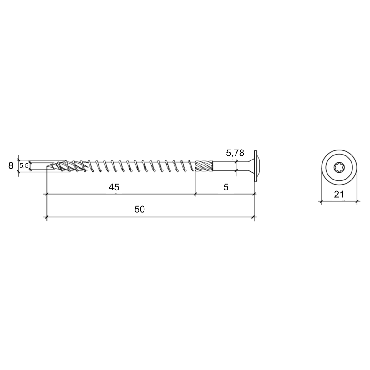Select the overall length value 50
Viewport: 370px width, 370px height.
click(140, 209)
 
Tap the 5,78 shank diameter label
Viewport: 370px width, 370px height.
click(235, 153)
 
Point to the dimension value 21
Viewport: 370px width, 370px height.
click(339, 195)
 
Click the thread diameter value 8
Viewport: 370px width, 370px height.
click(11, 166)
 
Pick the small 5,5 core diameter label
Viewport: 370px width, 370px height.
click(24, 166)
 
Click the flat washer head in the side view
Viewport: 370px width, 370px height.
click(255, 166)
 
